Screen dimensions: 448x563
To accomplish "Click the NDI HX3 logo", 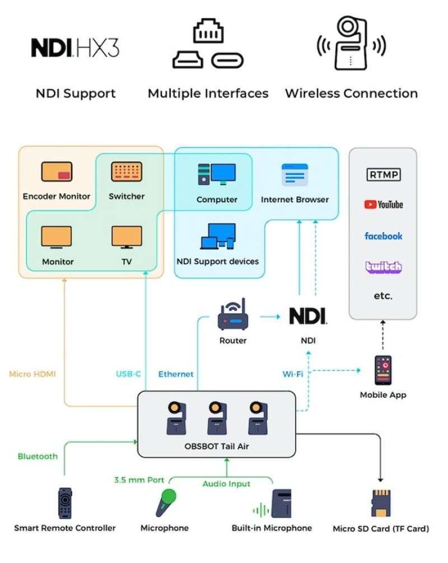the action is tap(75, 48).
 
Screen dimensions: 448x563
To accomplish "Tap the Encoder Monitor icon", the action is tap(57, 171).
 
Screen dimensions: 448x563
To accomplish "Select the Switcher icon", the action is tap(127, 171).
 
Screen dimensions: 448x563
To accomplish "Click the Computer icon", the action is tap(217, 174).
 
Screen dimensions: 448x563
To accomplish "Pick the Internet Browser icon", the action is tap(295, 174).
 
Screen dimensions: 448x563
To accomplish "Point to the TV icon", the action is tap(127, 237).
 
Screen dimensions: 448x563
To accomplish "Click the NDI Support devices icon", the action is tap(218, 236).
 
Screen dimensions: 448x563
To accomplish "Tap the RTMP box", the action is tap(384, 175).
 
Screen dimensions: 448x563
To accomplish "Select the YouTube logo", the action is tap(384, 204).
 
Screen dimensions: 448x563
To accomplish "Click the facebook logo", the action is tap(384, 236).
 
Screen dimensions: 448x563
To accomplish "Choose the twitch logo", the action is tap(384, 267).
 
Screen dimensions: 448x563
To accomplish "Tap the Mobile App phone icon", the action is tap(383, 370).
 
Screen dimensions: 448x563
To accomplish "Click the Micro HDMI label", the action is tap(32, 374).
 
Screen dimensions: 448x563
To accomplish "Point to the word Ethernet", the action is tap(176, 374).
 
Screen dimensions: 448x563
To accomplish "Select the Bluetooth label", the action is tap(38, 457).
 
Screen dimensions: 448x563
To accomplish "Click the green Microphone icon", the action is tap(166, 502).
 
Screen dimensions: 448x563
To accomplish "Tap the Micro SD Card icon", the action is tap(380, 503).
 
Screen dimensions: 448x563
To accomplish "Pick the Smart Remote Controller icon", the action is tap(65, 502).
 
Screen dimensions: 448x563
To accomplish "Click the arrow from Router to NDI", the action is tap(270, 317).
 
